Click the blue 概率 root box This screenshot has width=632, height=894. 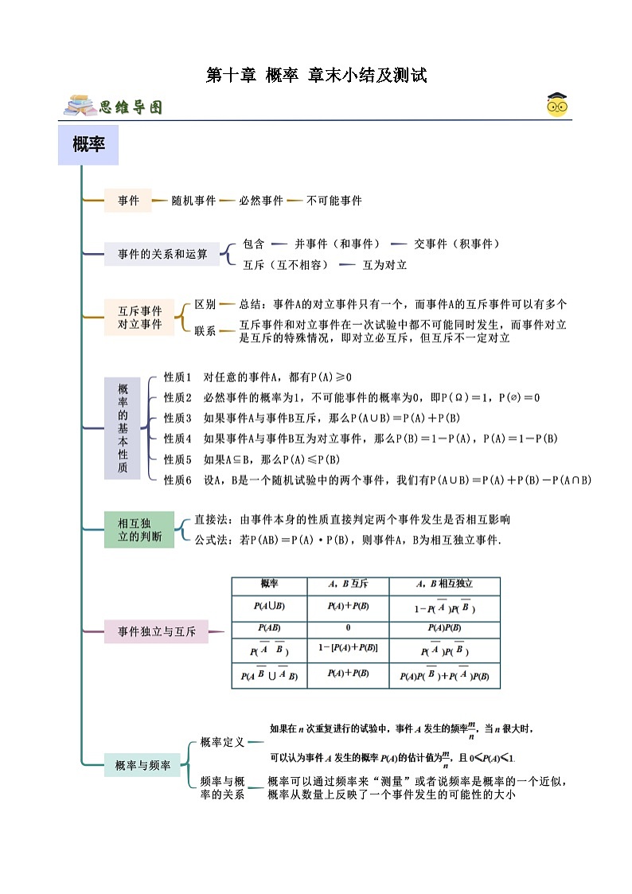(88, 145)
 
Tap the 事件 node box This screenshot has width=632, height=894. (128, 201)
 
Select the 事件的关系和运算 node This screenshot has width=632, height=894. (162, 254)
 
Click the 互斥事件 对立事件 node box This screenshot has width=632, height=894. (139, 317)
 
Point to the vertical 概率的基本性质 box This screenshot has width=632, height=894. (123, 428)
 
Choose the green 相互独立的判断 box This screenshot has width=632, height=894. (139, 530)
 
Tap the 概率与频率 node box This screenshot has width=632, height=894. (142, 765)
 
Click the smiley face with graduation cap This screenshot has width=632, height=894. (557, 105)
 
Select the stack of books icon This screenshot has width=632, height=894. (80, 106)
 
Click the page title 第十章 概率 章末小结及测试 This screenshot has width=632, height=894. (317, 76)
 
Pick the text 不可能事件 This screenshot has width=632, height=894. (334, 201)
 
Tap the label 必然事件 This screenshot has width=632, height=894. (261, 201)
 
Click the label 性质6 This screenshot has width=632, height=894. (178, 480)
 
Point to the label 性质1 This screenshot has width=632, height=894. (178, 377)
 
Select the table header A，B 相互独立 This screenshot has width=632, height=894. (444, 584)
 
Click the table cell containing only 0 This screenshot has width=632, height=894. (348, 627)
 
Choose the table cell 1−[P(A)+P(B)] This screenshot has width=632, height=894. (348, 649)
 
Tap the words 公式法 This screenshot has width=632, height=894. (211, 540)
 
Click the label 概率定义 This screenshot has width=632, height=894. (222, 741)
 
